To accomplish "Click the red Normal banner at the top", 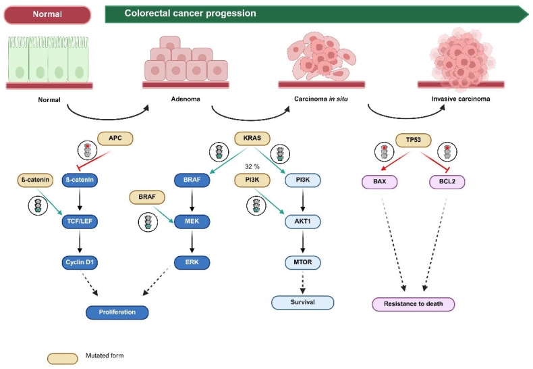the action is [47, 15].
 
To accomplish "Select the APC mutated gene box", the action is [115, 138].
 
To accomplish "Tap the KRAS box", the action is [252, 138].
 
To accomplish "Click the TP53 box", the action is [414, 140].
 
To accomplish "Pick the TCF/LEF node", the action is [80, 222].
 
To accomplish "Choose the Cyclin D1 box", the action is [80, 262].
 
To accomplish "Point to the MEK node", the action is [192, 222].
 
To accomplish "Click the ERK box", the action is [192, 262].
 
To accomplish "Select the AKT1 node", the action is [302, 222].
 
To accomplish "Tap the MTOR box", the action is [302, 262].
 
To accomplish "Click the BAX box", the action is [379, 182].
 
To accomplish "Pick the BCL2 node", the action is [447, 182].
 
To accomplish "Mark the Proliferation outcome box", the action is [117, 312].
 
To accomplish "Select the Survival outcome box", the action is [302, 302].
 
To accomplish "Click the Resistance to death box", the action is [414, 304].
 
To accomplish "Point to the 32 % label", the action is [252, 166].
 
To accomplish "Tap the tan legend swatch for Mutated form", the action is [63, 358].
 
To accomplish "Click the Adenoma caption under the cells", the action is [186, 99].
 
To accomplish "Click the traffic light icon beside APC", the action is [87, 151].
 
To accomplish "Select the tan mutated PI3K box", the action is [252, 180].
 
